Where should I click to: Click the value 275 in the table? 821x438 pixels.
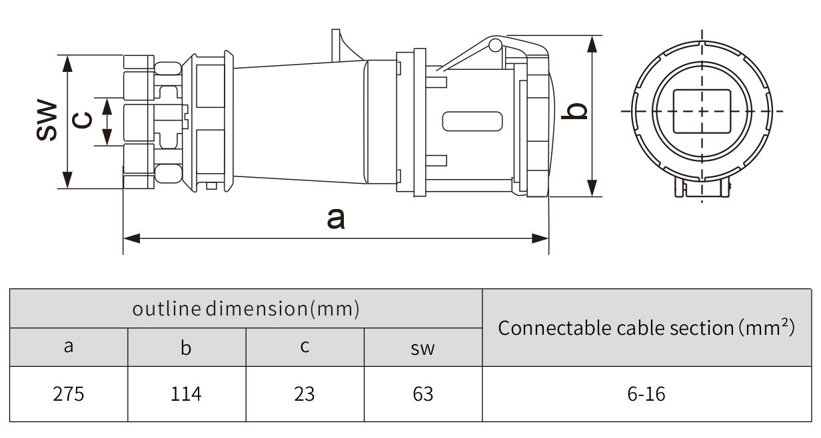pos(69,394)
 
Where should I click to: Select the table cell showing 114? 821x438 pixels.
pos(186,394)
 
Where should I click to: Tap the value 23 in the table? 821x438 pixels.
pos(305,394)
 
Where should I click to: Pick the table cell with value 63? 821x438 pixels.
pos(422,394)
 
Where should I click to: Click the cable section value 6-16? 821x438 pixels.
pos(646,394)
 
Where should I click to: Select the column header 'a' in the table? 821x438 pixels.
pos(69,347)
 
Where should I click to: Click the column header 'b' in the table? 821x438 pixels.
pos(186,347)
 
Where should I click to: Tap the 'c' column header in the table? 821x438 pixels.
pos(305,347)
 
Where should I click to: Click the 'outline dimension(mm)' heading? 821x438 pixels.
pos(246,309)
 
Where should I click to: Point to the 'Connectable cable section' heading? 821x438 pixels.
pos(646,328)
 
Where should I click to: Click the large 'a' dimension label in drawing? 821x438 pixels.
pos(337,218)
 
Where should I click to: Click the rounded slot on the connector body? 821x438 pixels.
pos(472,121)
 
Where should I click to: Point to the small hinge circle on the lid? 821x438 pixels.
pos(494,45)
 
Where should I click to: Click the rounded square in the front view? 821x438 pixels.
pos(702,111)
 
